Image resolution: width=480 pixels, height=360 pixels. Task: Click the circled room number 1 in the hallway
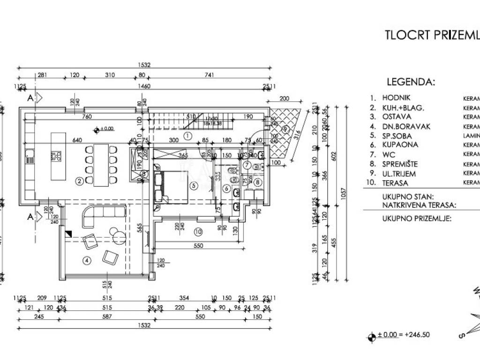[x=188, y=136]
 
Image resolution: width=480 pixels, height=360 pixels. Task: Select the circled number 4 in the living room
[x=86, y=260]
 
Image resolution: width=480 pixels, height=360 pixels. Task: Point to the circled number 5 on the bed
[x=193, y=185]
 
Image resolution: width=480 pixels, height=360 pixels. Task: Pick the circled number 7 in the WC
[x=247, y=165]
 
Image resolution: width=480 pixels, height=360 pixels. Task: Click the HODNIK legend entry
[x=396, y=98]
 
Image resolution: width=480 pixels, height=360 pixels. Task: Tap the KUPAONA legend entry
[x=400, y=145]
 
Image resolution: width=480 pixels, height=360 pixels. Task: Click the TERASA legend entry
[x=397, y=183]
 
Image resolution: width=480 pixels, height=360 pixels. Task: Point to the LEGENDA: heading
[x=411, y=82]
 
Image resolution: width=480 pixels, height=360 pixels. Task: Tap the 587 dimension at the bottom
[x=107, y=317]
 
